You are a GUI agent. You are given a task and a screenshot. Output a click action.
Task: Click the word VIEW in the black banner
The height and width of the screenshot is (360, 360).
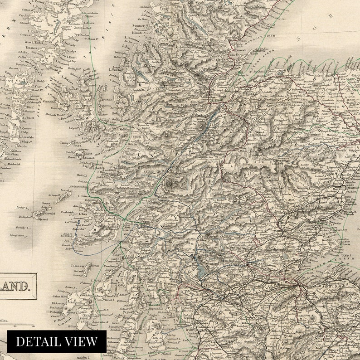coord(81,341)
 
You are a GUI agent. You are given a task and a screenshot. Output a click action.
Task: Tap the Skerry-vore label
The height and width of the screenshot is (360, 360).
coord(16,236)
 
